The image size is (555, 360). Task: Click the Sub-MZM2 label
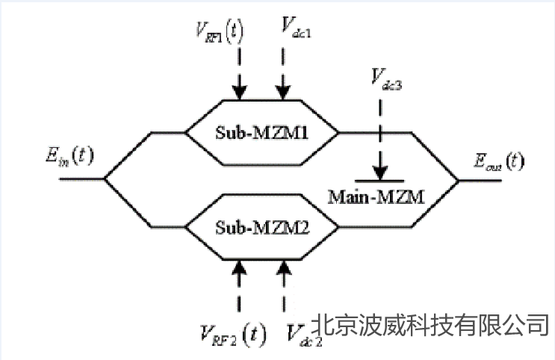point(261,224)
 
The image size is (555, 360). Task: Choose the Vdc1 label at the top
point(297,28)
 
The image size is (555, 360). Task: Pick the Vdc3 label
point(387,78)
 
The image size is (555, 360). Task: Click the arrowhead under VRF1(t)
point(239,92)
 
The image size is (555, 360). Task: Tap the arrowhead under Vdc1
point(283,92)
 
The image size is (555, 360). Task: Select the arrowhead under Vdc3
point(379,173)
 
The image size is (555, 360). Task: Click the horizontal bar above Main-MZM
point(379,181)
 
